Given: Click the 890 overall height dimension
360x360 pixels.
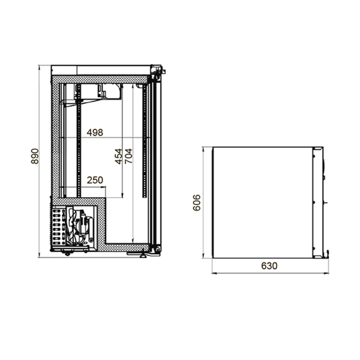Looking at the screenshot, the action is [x=35, y=156].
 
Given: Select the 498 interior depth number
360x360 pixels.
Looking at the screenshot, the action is [x=95, y=133].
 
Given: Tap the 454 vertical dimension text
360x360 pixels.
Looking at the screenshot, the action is [x=118, y=157].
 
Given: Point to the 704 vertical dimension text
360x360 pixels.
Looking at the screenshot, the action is [x=128, y=156].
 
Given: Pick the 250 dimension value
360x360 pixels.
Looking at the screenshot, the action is [x=95, y=180].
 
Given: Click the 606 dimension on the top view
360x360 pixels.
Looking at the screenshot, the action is [x=197, y=203].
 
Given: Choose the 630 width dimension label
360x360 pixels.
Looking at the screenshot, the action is [x=269, y=266].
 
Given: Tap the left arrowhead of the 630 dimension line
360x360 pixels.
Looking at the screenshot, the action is [x=214, y=273].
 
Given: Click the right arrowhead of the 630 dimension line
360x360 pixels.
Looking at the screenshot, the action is [x=326, y=273].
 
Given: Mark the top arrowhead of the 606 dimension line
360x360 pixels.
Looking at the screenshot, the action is [x=203, y=149].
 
